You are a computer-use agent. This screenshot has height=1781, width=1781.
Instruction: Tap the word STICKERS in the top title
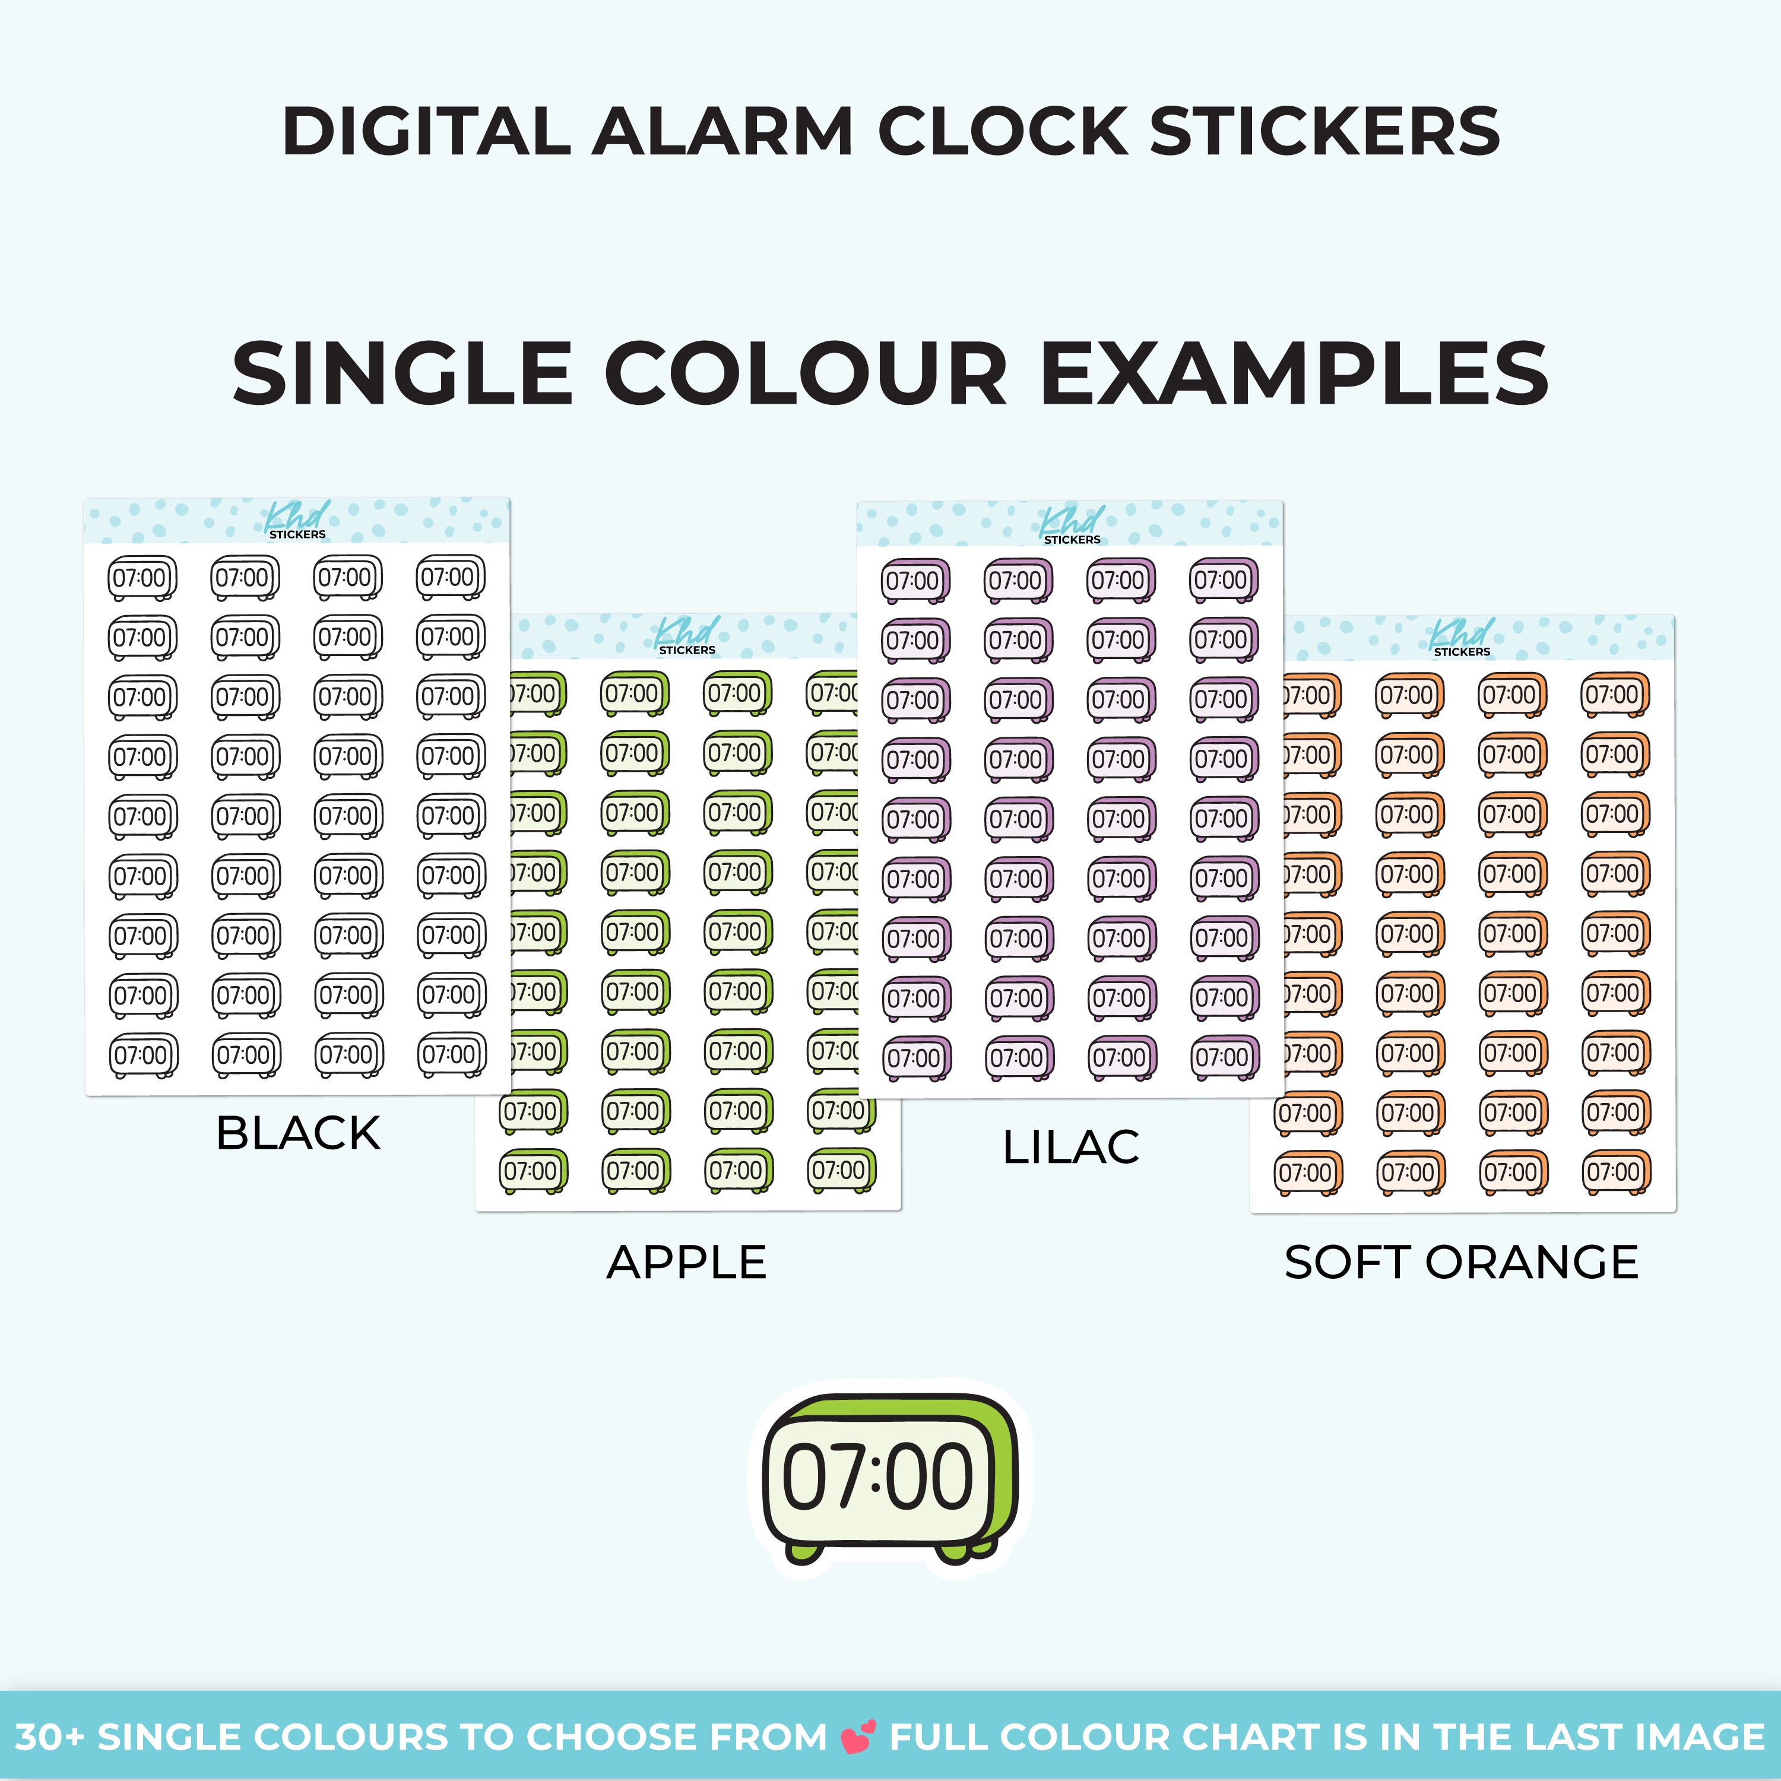point(1324,130)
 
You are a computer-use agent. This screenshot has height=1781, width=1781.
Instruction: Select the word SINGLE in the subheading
point(403,373)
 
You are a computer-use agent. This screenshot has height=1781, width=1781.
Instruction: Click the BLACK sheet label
point(298,1133)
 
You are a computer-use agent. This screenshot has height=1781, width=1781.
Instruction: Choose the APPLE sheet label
point(687,1262)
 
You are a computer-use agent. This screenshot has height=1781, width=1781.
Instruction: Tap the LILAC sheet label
point(1071,1148)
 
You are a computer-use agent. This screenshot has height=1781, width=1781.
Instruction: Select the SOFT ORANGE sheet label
point(1461,1262)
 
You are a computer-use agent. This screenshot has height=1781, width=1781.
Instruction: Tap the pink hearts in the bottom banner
point(859,1736)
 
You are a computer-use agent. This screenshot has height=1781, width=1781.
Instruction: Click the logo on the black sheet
point(297,520)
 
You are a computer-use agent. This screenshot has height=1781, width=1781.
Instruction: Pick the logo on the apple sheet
point(687,636)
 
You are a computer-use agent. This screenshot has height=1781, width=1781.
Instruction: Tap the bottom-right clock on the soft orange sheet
point(1616,1174)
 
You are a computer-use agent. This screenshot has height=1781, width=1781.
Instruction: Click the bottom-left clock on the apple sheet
point(534,1172)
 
